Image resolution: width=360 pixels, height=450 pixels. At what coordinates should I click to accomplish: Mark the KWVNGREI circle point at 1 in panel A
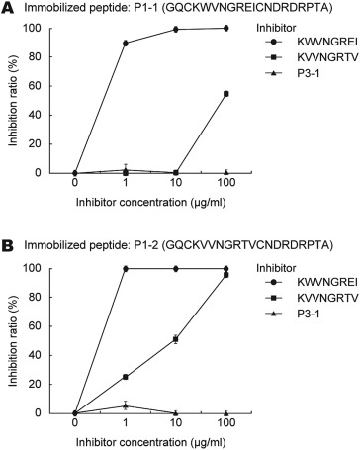pos(126,44)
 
